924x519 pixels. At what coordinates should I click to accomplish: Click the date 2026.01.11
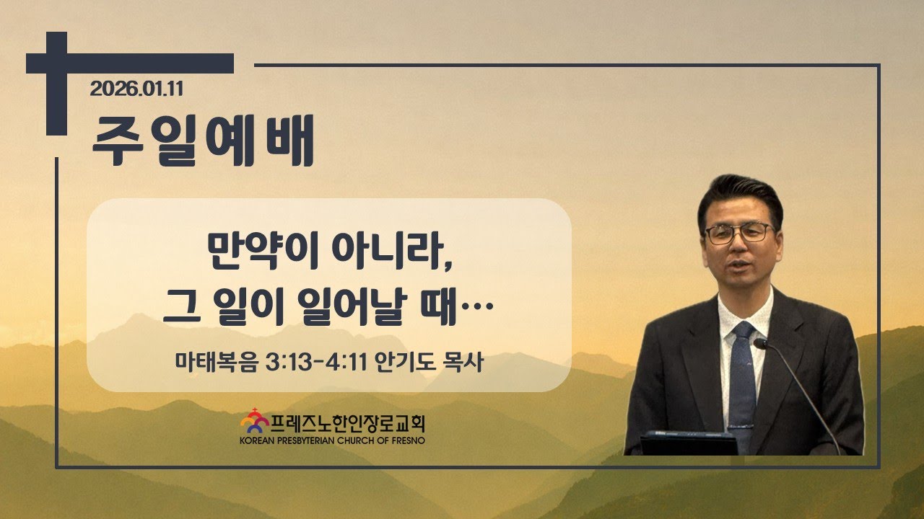click(136, 89)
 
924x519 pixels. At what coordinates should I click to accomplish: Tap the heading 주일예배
click(203, 140)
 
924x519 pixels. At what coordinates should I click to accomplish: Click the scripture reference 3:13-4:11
click(316, 363)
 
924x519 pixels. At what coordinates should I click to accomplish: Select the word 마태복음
click(216, 363)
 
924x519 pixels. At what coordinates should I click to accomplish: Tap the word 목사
click(463, 363)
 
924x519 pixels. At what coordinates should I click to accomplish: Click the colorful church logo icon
click(255, 421)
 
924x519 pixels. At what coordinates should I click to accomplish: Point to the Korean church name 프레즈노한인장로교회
click(348, 423)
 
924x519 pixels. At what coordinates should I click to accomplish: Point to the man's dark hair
click(741, 198)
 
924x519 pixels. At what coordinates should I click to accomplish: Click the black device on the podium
click(689, 443)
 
